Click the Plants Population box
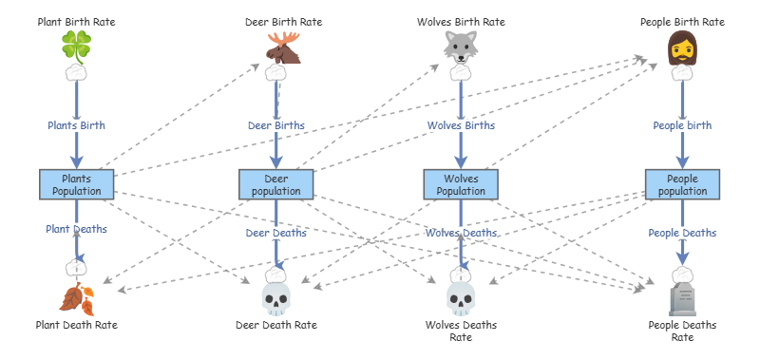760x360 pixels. tap(77, 184)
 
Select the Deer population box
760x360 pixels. tap(276, 184)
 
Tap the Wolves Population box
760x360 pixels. tap(461, 184)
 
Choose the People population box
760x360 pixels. tap(682, 184)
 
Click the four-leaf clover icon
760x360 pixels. tap(77, 47)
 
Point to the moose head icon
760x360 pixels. tap(283, 47)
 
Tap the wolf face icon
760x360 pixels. tap(461, 47)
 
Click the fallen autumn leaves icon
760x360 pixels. tap(77, 298)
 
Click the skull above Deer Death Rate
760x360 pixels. tap(276, 299)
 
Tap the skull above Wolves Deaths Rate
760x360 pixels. tap(461, 299)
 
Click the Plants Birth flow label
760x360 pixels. tap(76, 125)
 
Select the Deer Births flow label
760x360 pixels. tap(276, 125)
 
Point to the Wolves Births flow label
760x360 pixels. tap(461, 125)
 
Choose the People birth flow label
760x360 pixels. tap(682, 125)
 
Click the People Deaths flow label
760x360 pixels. tap(682, 233)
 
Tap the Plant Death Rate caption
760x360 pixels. tap(77, 325)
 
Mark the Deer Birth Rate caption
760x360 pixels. tap(283, 22)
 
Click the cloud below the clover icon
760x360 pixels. tap(77, 73)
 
